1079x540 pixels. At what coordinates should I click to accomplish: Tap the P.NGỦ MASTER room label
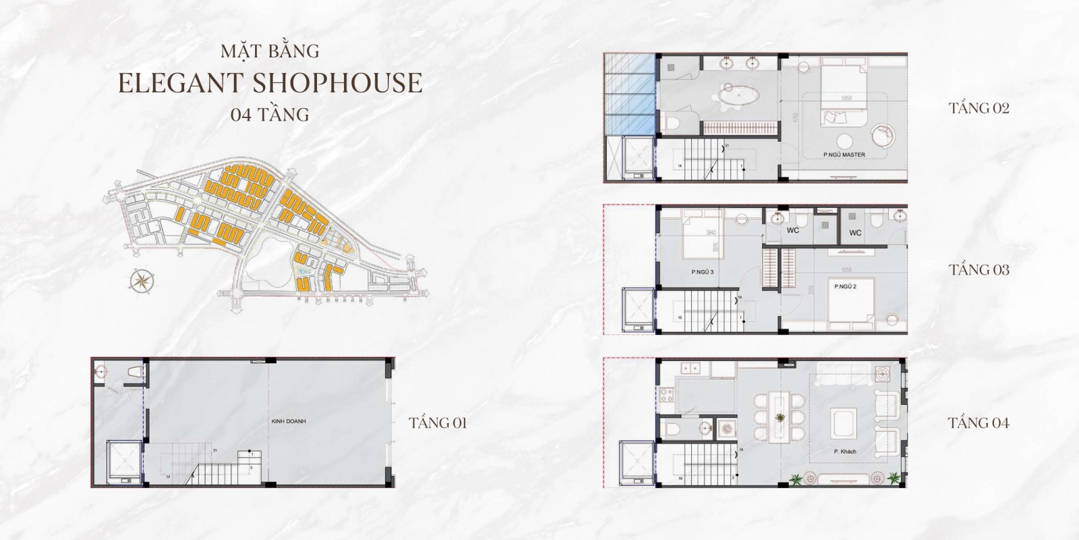[844, 155]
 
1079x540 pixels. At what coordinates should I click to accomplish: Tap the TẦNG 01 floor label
[438, 424]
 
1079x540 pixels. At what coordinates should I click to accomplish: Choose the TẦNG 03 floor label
[979, 270]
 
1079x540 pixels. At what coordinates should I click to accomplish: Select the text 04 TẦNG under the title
[269, 115]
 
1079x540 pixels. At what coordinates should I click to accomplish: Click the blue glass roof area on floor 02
[631, 94]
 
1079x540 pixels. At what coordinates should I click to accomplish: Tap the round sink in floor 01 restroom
[102, 371]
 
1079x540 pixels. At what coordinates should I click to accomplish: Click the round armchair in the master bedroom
[880, 134]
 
